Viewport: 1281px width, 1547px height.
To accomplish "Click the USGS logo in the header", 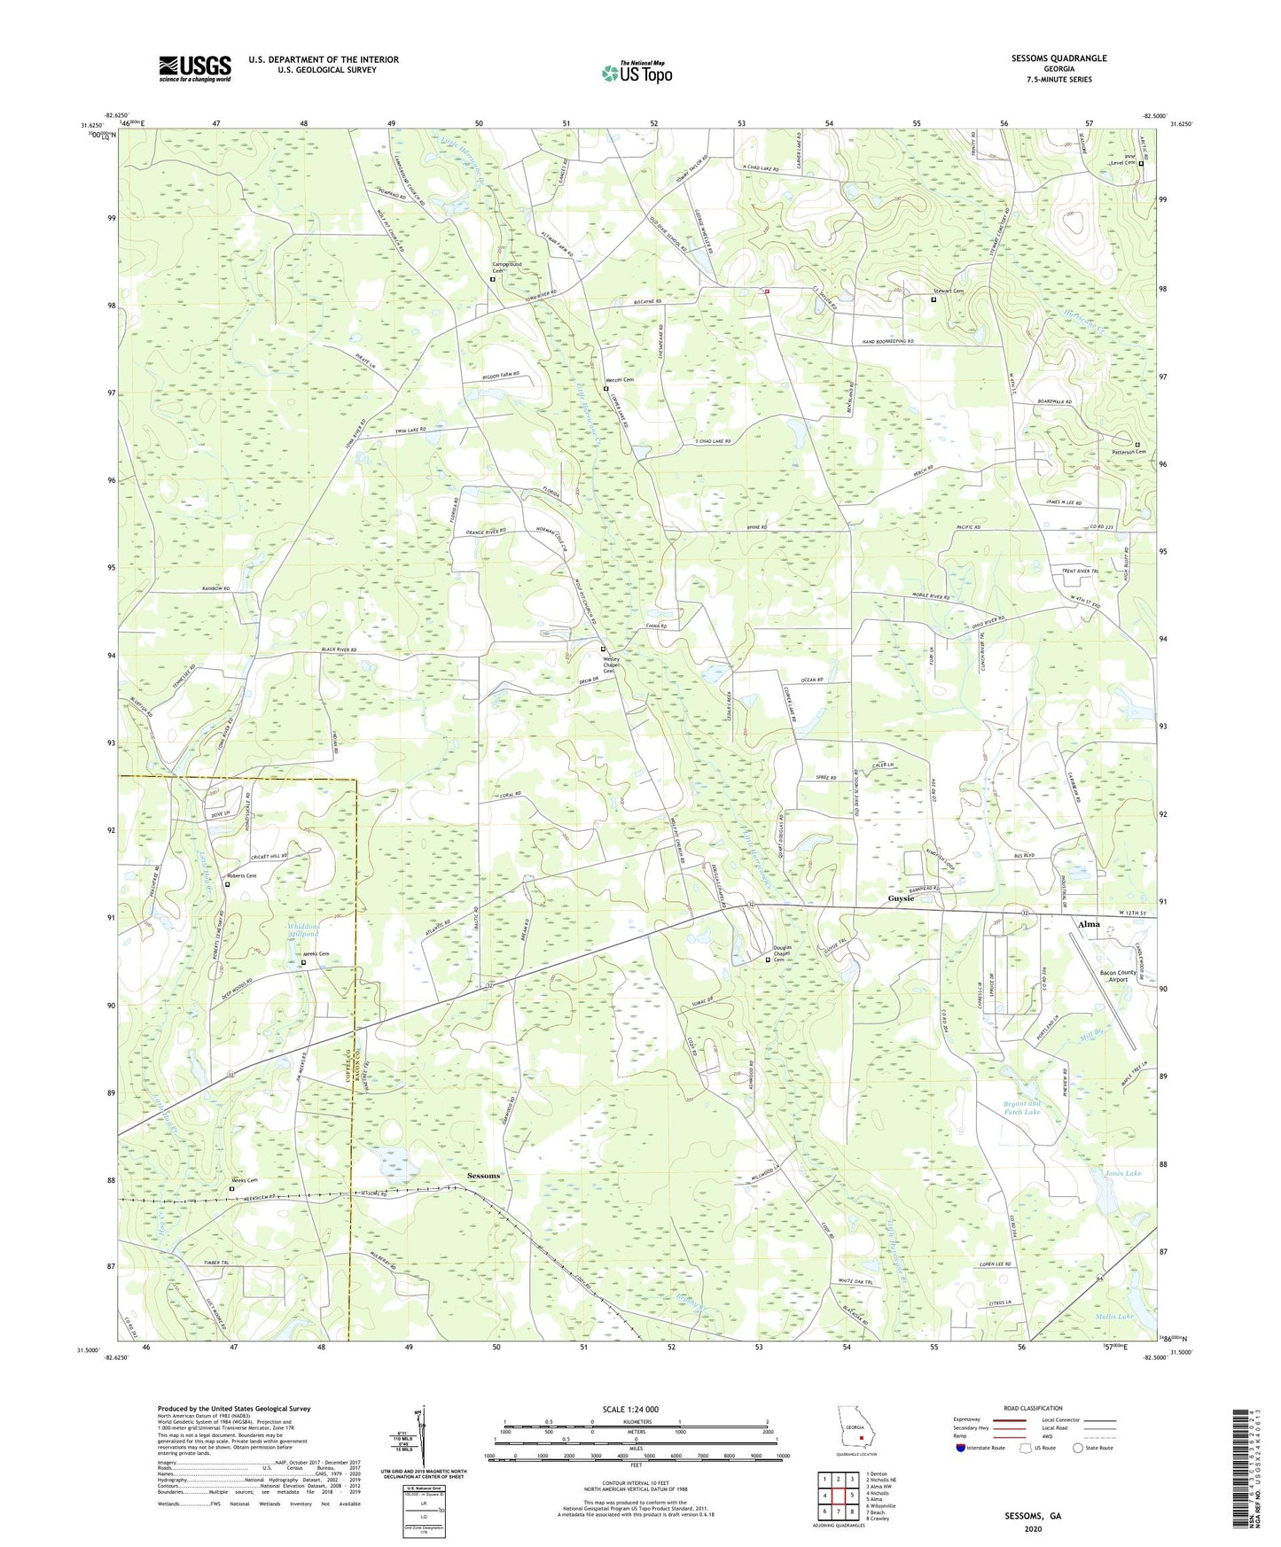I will (x=195, y=68).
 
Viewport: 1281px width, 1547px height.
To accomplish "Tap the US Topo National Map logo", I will (x=637, y=73).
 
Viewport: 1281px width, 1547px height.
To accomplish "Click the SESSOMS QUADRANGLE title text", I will (x=1058, y=58).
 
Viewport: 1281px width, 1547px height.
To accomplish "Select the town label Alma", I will (x=1089, y=924).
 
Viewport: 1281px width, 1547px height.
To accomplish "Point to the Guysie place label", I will (x=901, y=898).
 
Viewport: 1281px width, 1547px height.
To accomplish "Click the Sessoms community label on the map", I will (x=479, y=1176).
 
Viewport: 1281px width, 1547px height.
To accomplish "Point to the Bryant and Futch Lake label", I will (x=1021, y=1108).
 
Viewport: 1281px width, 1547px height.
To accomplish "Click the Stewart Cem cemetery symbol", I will (x=933, y=299).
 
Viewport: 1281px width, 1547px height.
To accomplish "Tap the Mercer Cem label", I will (x=620, y=380).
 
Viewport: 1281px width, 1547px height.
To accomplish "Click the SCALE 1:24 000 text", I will (x=630, y=1409).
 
